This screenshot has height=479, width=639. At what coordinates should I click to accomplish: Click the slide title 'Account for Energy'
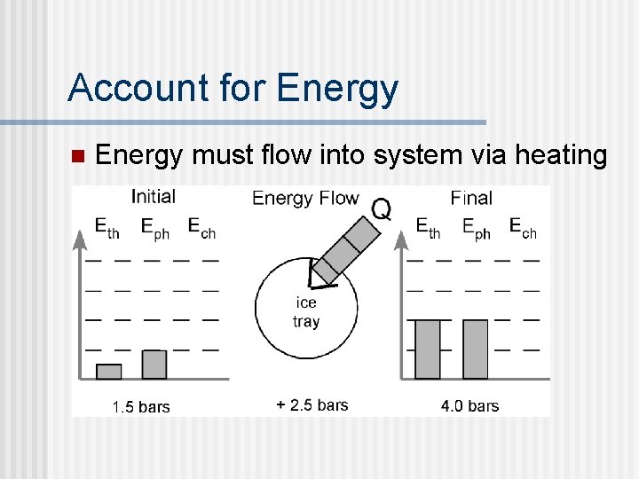233,88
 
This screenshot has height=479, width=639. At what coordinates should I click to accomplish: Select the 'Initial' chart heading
153,197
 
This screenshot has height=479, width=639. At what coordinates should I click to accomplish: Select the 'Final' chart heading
470,198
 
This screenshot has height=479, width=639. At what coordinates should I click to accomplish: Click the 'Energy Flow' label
305,198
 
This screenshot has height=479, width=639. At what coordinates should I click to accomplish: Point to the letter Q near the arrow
381,209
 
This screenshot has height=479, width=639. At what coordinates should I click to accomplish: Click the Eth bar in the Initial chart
108,371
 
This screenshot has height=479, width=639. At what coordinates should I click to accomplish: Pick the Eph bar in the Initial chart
154,364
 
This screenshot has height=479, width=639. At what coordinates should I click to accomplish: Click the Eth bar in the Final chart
428,349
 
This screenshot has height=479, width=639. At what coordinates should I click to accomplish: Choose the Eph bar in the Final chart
476,349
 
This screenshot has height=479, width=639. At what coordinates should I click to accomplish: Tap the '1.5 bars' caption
140,407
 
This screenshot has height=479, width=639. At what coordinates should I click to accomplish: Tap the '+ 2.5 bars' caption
312,405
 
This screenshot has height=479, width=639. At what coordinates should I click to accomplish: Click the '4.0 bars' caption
469,406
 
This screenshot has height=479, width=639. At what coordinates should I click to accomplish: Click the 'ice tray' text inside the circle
306,312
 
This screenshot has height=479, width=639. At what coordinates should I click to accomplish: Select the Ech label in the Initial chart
201,228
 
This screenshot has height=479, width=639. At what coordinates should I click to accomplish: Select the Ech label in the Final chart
522,228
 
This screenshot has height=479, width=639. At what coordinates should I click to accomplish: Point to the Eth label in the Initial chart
107,228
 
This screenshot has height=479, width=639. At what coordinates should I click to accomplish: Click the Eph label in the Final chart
476,228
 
